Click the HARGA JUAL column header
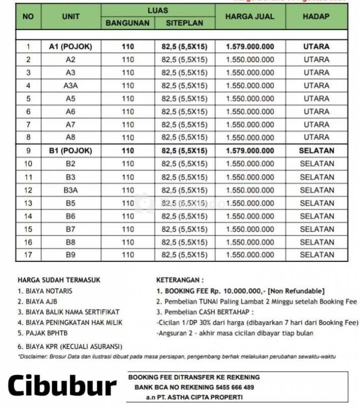[250, 17]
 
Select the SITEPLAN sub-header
[185, 23]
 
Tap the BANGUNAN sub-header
[128, 23]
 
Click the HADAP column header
[316, 17]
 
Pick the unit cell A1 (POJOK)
[71, 47]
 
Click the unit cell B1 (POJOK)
[71, 151]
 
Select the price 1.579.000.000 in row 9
[250, 151]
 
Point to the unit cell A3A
[71, 85]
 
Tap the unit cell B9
[71, 254]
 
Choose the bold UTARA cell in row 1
[316, 47]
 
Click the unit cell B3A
[71, 190]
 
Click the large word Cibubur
[62, 386]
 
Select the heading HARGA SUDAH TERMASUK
[59, 280]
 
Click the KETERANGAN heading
[181, 280]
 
